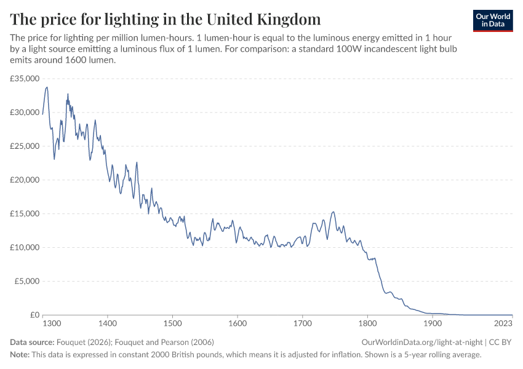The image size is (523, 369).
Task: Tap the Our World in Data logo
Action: tap(492, 20)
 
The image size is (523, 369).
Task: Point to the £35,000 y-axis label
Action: tap(25, 79)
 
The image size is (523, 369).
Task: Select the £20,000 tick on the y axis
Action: tap(25, 180)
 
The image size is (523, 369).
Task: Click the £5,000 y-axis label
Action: tap(27, 281)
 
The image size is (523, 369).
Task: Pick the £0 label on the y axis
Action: tap(34, 315)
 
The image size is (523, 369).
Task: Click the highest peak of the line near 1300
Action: tap(47, 87)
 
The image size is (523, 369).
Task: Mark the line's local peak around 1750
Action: tap(333, 212)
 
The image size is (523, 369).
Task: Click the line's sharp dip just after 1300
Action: tap(54, 159)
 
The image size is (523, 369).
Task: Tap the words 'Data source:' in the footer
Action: tap(32, 342)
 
